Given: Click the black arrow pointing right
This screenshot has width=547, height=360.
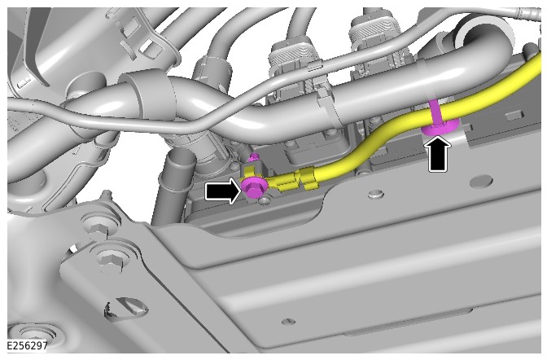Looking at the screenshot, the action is pyautogui.click(x=222, y=191).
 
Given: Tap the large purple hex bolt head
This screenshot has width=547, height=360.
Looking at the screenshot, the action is pyautogui.click(x=254, y=189).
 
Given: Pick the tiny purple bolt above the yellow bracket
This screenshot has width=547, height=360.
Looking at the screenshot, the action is pyautogui.click(x=254, y=157).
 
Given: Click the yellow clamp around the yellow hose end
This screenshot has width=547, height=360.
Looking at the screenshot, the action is pyautogui.click(x=307, y=178).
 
